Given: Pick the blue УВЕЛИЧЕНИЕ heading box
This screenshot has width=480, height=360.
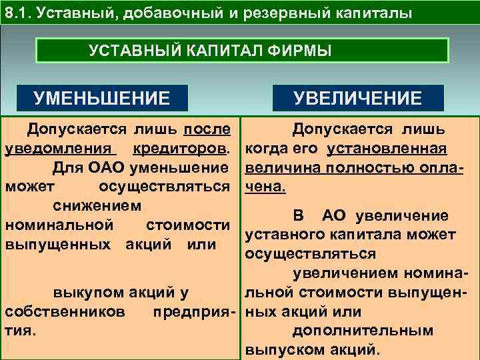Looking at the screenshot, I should [359, 99].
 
